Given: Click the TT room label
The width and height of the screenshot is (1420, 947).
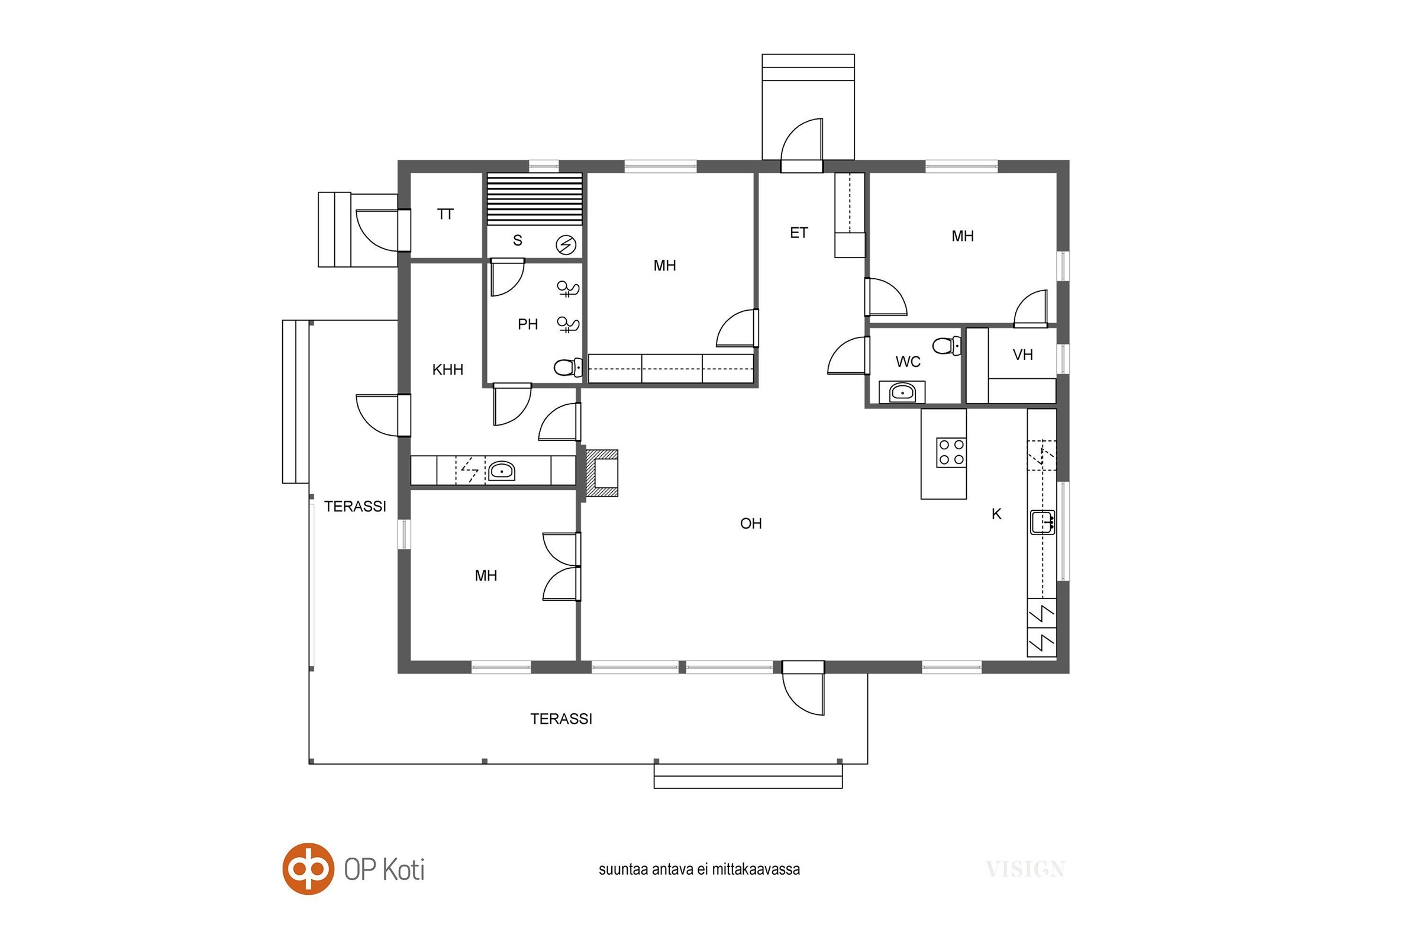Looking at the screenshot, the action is click(446, 214).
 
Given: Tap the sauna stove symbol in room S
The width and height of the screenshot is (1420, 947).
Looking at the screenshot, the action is click(566, 244).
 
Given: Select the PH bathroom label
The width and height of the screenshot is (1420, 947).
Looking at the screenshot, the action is click(528, 324).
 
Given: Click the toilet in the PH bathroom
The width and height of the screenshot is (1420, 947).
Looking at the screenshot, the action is click(568, 366).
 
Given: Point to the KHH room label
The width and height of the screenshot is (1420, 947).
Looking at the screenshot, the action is click(447, 369).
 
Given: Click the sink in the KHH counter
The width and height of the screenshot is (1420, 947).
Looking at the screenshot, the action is click(501, 471).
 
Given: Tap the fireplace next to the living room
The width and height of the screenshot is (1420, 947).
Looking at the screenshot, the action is click(601, 474).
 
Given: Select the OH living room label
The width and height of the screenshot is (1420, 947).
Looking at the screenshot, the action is click(751, 524).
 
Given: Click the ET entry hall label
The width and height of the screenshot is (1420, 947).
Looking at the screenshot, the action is click(799, 233).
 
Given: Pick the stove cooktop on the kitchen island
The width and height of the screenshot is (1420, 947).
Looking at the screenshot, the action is click(951, 452).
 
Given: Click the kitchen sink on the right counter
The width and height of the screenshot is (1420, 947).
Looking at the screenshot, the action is click(1043, 522).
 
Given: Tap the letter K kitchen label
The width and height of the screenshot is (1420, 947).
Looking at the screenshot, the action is click(997, 514).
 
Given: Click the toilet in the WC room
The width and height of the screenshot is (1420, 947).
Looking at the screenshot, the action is click(947, 346).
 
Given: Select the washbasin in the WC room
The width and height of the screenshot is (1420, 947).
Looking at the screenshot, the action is click(902, 392).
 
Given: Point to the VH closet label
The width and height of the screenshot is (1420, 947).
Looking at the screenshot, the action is click(1023, 355).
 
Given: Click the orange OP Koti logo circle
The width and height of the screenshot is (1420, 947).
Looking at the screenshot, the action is click(308, 868).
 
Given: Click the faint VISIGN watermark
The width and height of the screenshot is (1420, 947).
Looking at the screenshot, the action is click(1025, 869).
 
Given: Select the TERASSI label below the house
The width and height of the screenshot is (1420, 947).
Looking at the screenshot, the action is click(561, 719).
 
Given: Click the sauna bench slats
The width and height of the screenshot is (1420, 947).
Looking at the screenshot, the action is click(535, 199).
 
